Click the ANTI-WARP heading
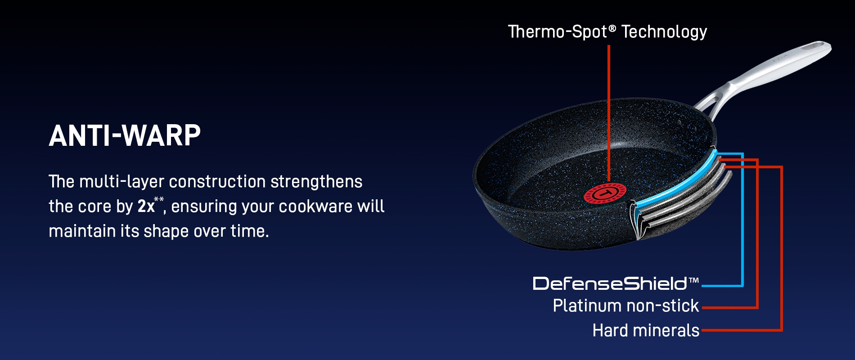(x=125, y=135)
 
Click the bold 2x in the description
(x=146, y=207)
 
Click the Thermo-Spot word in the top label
(x=558, y=32)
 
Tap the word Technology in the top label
(x=664, y=32)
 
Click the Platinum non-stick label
(x=626, y=306)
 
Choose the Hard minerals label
(x=646, y=331)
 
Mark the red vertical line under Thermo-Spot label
(x=609, y=113)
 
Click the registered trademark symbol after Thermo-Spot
(x=612, y=29)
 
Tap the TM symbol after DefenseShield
(x=693, y=281)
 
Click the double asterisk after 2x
(x=159, y=200)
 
